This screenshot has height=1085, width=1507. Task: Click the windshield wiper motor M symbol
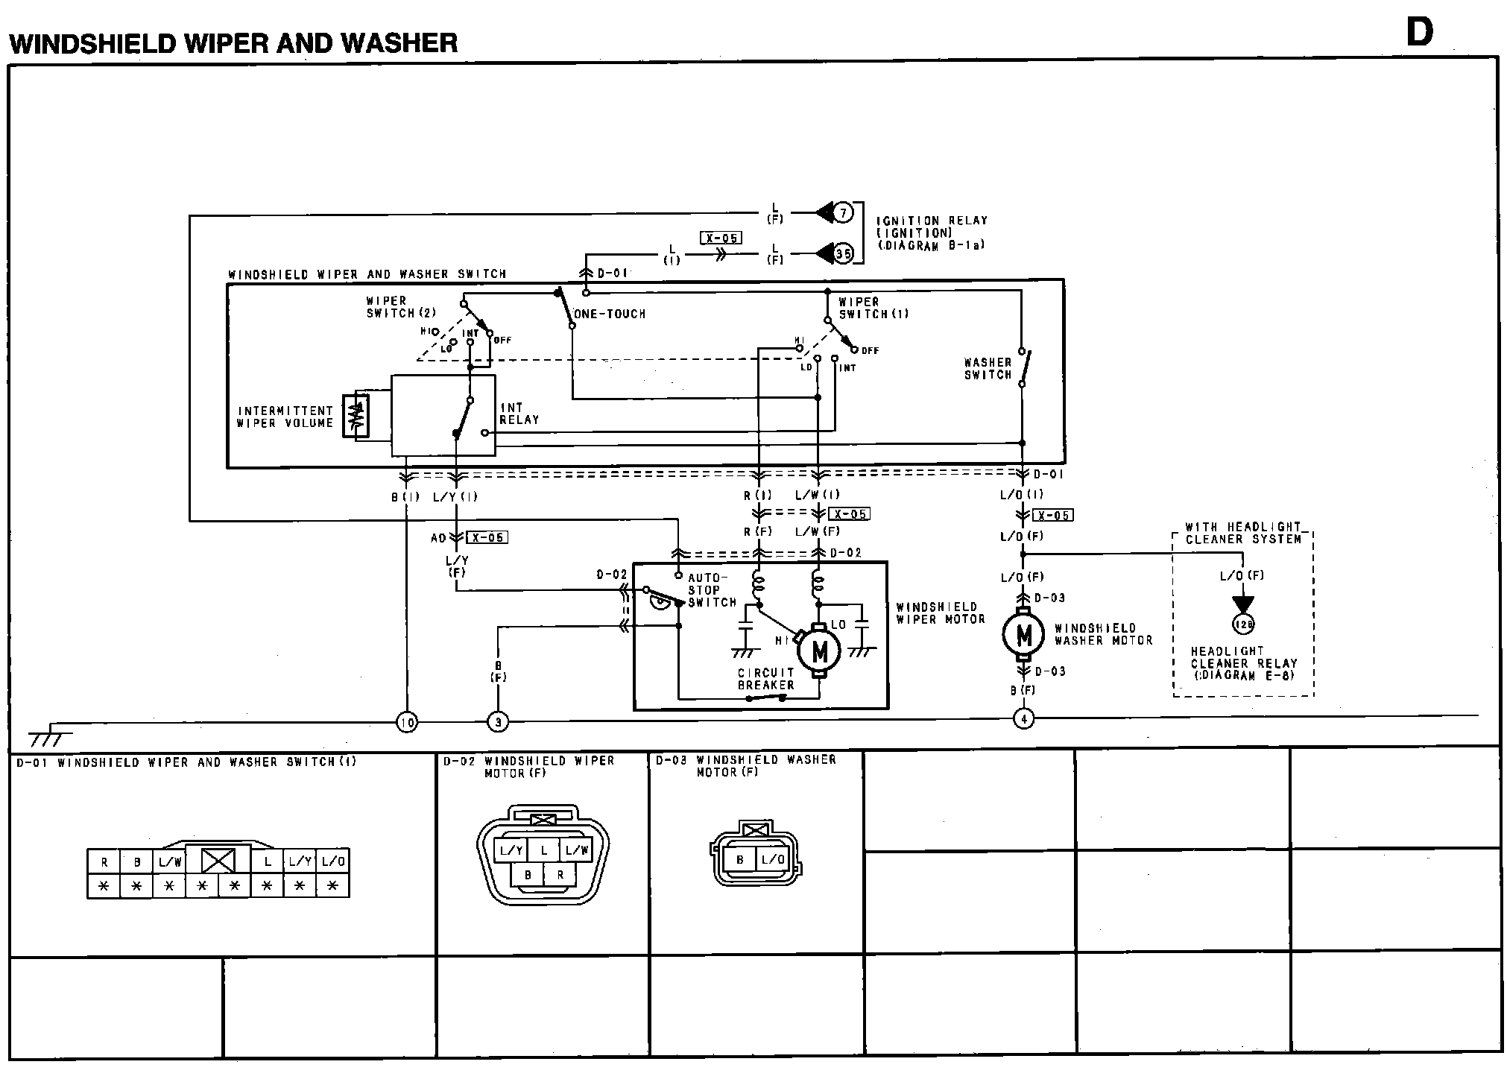pos(819,651)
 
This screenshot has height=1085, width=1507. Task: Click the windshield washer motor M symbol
pos(1025,635)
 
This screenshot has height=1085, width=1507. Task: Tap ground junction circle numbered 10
pos(407,721)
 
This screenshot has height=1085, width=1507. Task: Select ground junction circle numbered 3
pos(498,721)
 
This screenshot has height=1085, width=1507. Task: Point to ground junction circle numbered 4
pos(1024,719)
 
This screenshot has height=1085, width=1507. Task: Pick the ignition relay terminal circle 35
pos(842,254)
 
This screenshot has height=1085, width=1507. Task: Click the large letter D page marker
pos(1419,33)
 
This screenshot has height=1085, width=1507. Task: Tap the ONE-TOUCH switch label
pos(610,314)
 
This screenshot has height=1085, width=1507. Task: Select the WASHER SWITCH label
pos(988,369)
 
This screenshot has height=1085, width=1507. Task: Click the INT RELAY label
pos(519,414)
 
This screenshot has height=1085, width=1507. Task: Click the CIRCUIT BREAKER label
pos(765,679)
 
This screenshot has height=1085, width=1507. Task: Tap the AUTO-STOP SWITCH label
pos(712,589)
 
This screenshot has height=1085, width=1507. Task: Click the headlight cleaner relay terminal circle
pos(1243,624)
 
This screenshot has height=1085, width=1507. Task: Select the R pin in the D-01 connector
pos(104,862)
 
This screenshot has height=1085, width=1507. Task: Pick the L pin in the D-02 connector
pos(544,850)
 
